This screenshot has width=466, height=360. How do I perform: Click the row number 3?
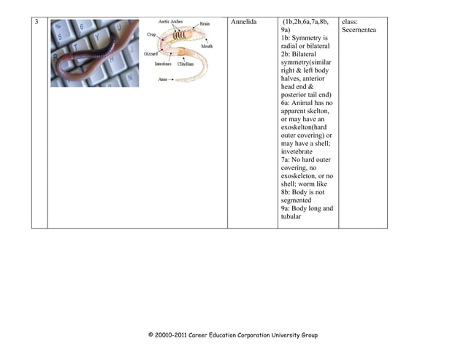pyautogui.click(x=37, y=22)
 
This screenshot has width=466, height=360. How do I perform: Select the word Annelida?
pyautogui.click(x=245, y=22)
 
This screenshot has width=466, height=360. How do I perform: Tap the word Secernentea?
pyautogui.click(x=359, y=30)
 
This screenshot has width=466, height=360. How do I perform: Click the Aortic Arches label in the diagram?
pyautogui.click(x=170, y=22)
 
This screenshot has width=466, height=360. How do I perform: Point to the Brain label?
pyautogui.click(x=205, y=24)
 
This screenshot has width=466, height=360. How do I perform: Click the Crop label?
pyautogui.click(x=151, y=34)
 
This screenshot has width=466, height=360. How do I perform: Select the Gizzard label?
pyautogui.click(x=150, y=54)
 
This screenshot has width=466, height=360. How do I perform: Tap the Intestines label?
pyautogui.click(x=163, y=64)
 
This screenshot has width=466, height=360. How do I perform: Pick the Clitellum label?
pyautogui.click(x=186, y=64)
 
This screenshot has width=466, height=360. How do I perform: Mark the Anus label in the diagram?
pyautogui.click(x=164, y=79)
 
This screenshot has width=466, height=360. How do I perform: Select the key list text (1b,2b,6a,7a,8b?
pyautogui.click(x=306, y=22)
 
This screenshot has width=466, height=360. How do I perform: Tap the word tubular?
pyautogui.click(x=291, y=216)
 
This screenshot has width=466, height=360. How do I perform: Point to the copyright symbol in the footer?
pyautogui.click(x=151, y=336)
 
